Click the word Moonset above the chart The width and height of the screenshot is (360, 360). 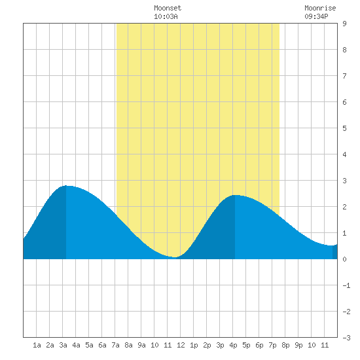tap(168, 8)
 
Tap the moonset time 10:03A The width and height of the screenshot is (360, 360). tap(166, 16)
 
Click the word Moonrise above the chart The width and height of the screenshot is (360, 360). tap(320, 8)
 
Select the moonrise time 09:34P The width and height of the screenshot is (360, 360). tap(316, 16)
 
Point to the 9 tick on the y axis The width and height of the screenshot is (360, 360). tap(344, 24)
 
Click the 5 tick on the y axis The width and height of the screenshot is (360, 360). tap(344, 128)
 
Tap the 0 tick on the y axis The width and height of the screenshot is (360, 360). tap(344, 259)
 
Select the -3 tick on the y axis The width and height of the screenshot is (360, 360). tap(346, 338)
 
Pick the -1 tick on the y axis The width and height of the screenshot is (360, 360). tap(346, 285)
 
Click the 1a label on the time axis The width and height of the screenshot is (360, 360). tap(37, 345)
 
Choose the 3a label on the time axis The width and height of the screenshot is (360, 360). tap(63, 345)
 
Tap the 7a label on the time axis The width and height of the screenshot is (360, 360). tap(115, 345)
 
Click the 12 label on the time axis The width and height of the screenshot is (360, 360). tap(181, 345)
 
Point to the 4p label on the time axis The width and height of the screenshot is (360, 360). tap(233, 345)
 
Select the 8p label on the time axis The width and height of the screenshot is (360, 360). tap(285, 345)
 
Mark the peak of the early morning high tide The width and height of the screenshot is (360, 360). tap(66, 185)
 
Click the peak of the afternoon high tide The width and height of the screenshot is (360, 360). tap(235, 195)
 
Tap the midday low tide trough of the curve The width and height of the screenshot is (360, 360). tap(175, 257)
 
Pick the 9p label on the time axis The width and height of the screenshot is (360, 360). tap(298, 345)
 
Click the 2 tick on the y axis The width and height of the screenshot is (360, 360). tap(344, 207)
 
